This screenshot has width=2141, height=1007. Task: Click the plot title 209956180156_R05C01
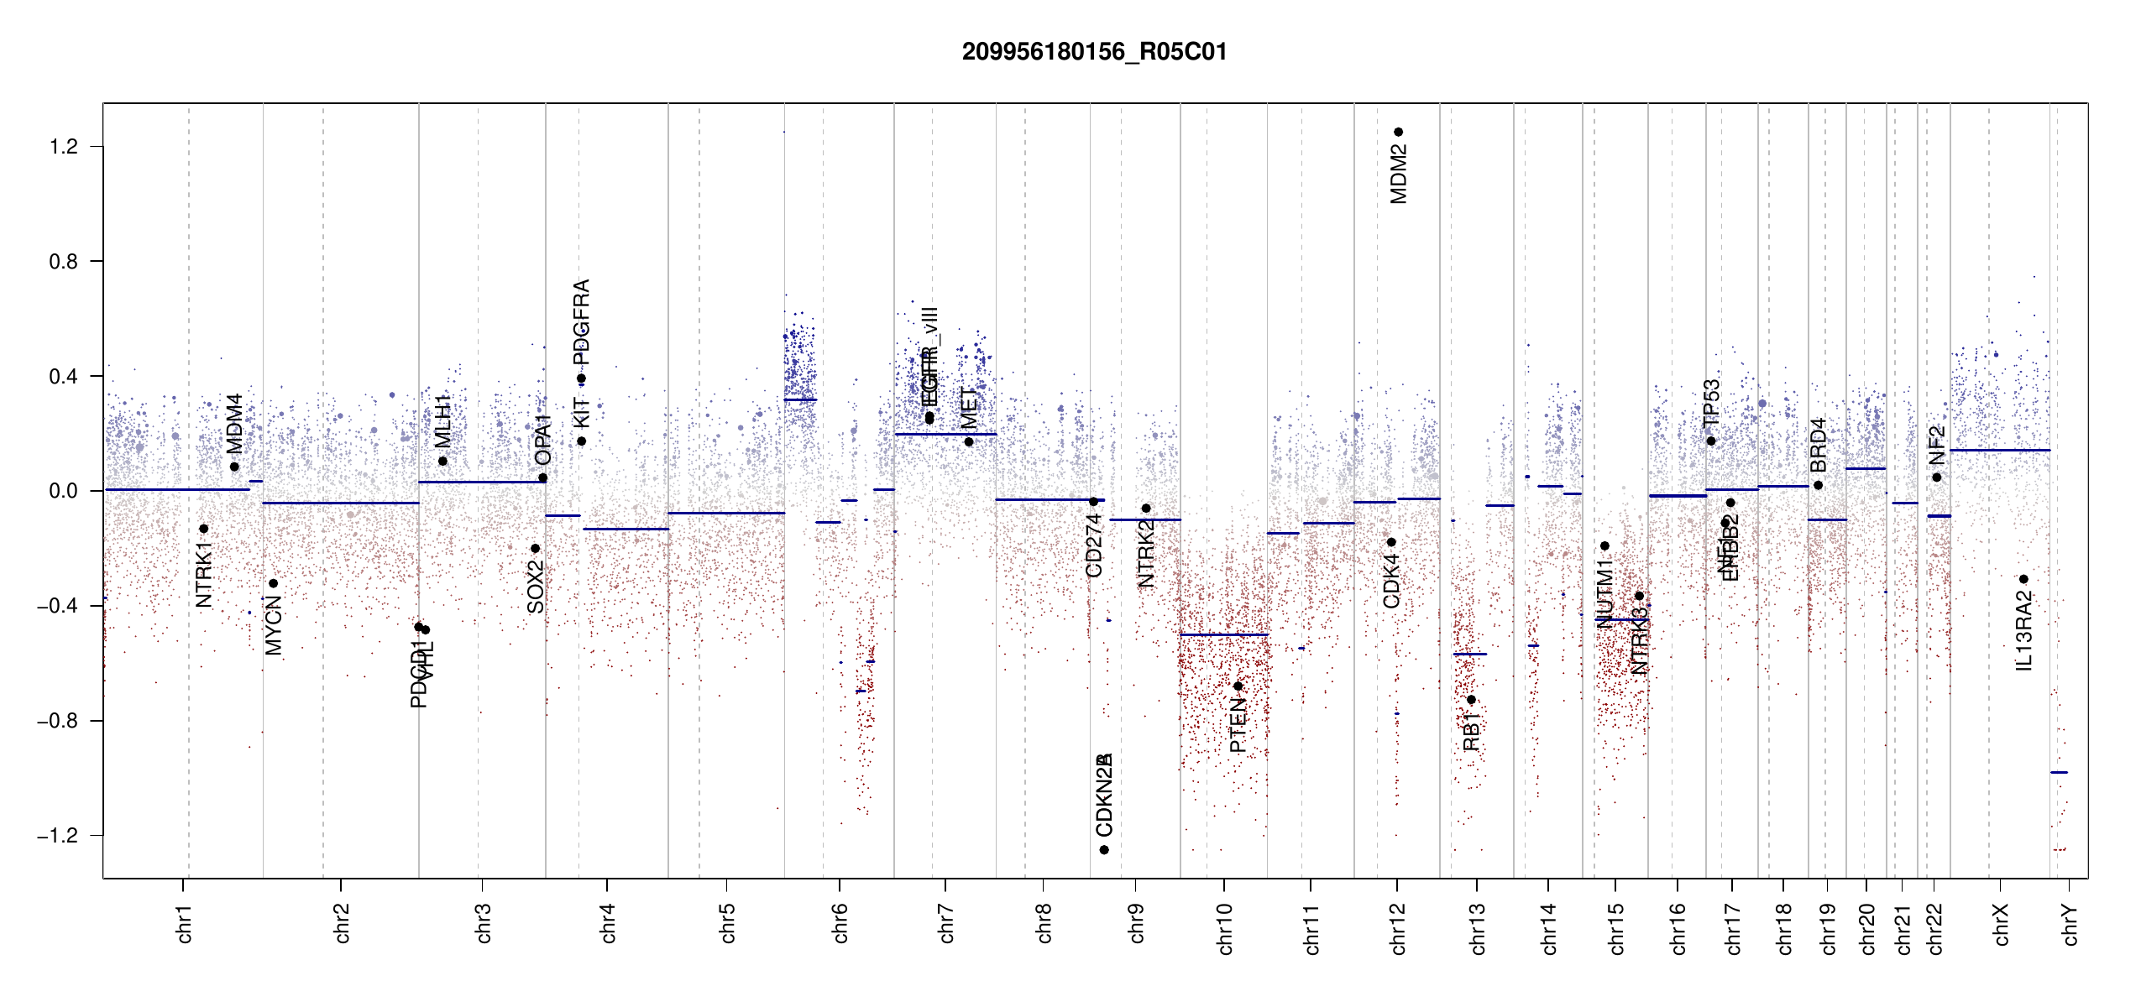point(1094,52)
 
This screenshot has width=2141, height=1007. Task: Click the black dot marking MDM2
point(1398,132)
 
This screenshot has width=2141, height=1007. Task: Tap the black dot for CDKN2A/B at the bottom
point(1104,850)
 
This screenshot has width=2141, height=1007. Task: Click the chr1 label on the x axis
point(185,924)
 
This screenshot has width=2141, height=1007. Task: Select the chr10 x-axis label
point(1225,929)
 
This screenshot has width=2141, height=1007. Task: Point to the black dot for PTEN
point(1238,686)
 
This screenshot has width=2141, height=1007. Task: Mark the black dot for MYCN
point(273,583)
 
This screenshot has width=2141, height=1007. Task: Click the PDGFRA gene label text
point(581,321)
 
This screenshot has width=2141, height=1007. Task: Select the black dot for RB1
point(1471,700)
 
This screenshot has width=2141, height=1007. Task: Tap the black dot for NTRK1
point(203,529)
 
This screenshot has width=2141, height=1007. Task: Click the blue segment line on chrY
point(2059,772)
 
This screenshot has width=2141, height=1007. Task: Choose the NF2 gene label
point(1937,445)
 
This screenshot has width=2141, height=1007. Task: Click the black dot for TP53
point(1710,441)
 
